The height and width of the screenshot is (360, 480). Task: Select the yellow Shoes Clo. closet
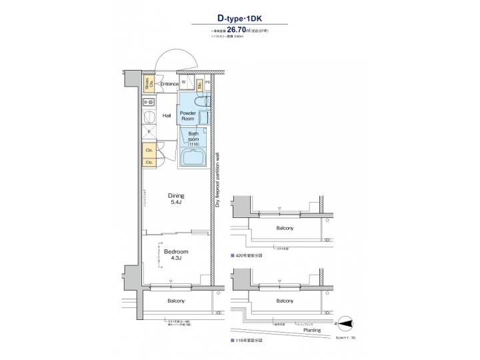[149, 84]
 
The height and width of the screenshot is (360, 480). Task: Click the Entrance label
[169, 84]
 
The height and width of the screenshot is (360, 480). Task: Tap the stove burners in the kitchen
[149, 102]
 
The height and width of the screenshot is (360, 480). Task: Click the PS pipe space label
[208, 83]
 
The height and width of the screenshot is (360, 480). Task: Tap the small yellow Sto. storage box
[200, 85]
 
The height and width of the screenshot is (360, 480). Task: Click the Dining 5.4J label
[177, 199]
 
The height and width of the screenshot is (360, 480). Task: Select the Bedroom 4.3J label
[176, 255]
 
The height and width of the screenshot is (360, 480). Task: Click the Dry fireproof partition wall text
[217, 180]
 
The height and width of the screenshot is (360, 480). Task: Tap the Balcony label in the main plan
[176, 301]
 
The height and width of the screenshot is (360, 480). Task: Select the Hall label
[167, 116]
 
